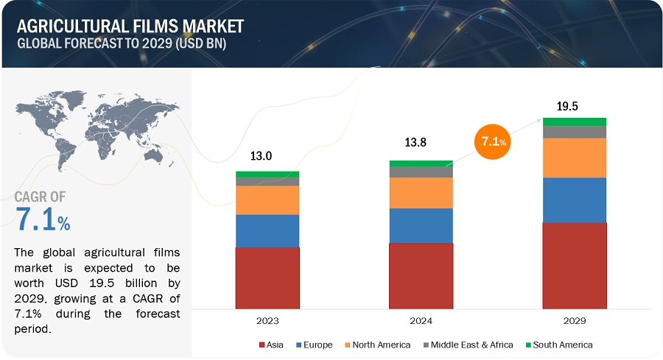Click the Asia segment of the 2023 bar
click(267, 278)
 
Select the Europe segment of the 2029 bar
click(575, 200)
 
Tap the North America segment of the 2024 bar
click(421, 193)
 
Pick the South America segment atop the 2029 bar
click(575, 121)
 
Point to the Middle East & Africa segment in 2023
click(267, 181)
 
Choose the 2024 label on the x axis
click(421, 321)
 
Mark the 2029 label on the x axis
click(575, 321)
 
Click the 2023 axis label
click(267, 321)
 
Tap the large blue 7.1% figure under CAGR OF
click(43, 219)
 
